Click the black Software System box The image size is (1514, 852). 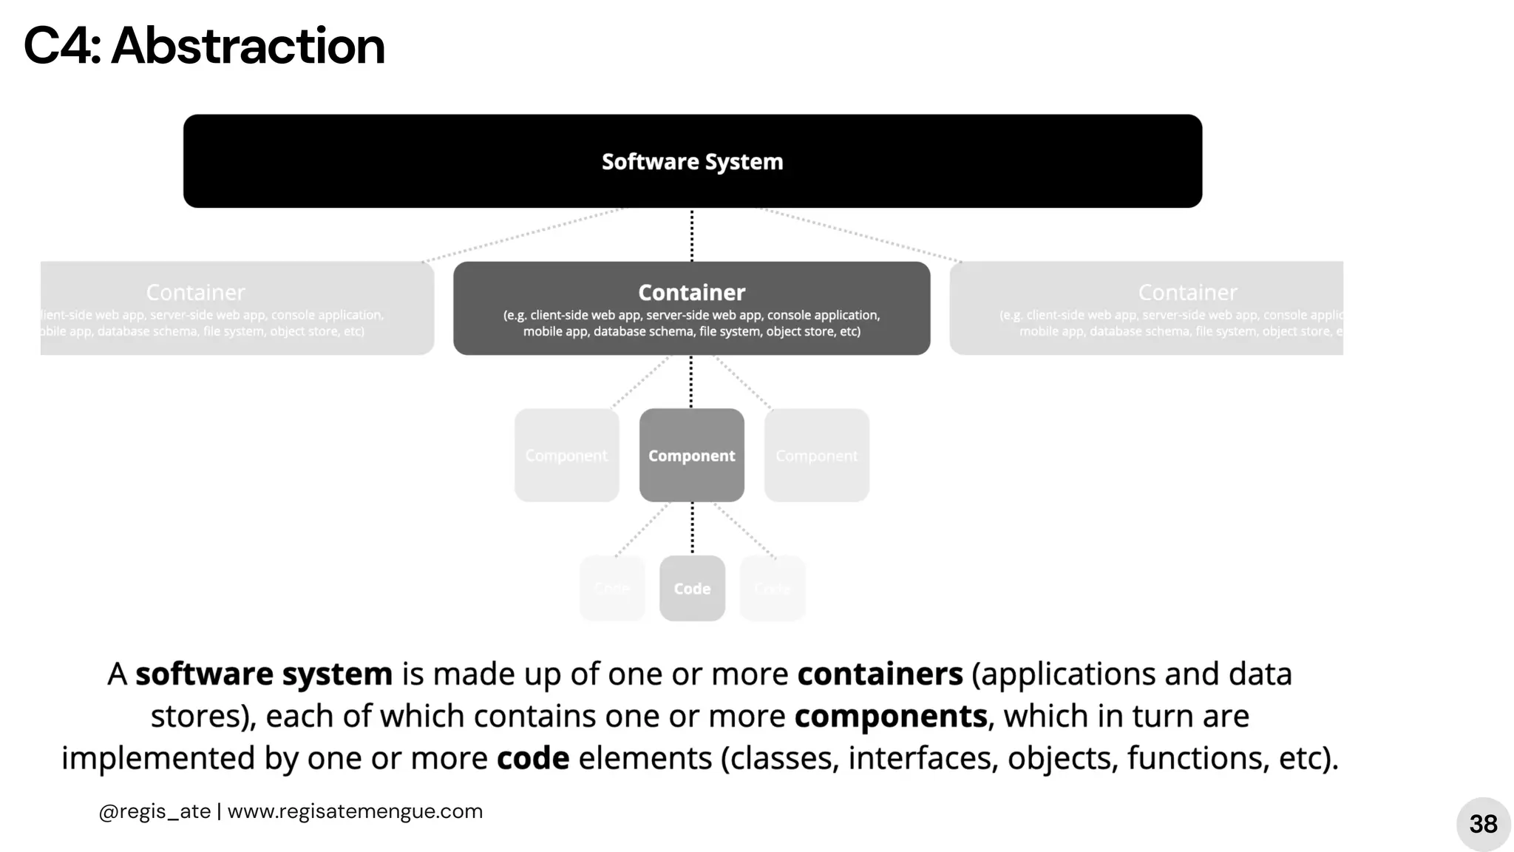[x=692, y=160]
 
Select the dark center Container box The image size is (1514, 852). [x=691, y=308]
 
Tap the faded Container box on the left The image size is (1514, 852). [x=237, y=308]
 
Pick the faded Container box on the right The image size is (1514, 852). [x=1146, y=308]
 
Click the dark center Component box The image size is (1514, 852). [x=691, y=455]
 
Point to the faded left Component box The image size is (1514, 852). [x=566, y=455]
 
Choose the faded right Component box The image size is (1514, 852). [x=816, y=455]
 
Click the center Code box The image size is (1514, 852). [x=692, y=588]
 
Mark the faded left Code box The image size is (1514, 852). [x=612, y=588]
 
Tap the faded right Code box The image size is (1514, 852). [x=773, y=588]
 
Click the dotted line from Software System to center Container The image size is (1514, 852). [x=692, y=234]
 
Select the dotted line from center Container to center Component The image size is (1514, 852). [x=691, y=382]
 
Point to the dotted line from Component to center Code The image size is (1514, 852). [x=692, y=528]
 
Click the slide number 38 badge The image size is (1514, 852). [x=1483, y=824]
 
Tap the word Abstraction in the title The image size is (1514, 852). [x=248, y=46]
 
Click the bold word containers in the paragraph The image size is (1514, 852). [x=880, y=674]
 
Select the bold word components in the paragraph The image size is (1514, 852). [x=891, y=716]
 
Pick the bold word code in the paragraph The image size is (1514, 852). [x=533, y=758]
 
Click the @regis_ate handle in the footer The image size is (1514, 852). [x=155, y=811]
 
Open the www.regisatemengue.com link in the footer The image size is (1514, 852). [x=355, y=811]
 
